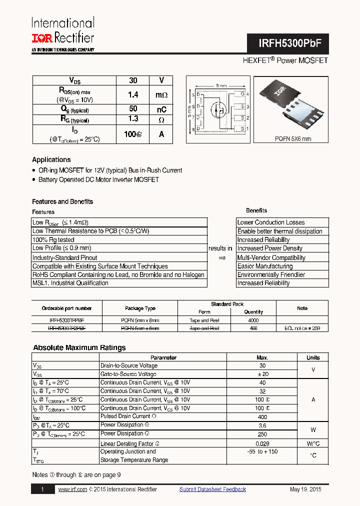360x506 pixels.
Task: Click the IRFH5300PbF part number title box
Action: tap(287, 43)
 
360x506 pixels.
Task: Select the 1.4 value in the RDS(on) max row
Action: tap(132, 94)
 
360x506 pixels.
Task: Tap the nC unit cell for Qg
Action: tap(161, 109)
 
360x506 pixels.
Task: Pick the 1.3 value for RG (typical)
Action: tap(132, 119)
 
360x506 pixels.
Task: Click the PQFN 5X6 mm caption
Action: tap(292, 138)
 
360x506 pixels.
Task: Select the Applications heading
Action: tap(51, 159)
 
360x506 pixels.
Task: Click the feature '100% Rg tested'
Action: tap(53, 239)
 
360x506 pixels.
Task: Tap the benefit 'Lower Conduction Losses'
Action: tap(270, 222)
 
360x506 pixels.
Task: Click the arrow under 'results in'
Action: tap(221, 257)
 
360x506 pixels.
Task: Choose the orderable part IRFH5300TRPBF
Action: tap(66, 320)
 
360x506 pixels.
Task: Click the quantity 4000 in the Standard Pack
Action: tap(253, 320)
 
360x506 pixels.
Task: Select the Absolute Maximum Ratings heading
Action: tap(79, 347)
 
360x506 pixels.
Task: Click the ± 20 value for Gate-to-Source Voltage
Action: tap(262, 374)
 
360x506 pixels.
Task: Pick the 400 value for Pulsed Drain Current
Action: tap(262, 416)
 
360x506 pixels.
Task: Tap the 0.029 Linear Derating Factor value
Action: tap(262, 443)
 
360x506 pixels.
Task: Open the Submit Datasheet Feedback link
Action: tap(212, 489)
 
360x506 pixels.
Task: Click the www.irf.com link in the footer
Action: tap(72, 489)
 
